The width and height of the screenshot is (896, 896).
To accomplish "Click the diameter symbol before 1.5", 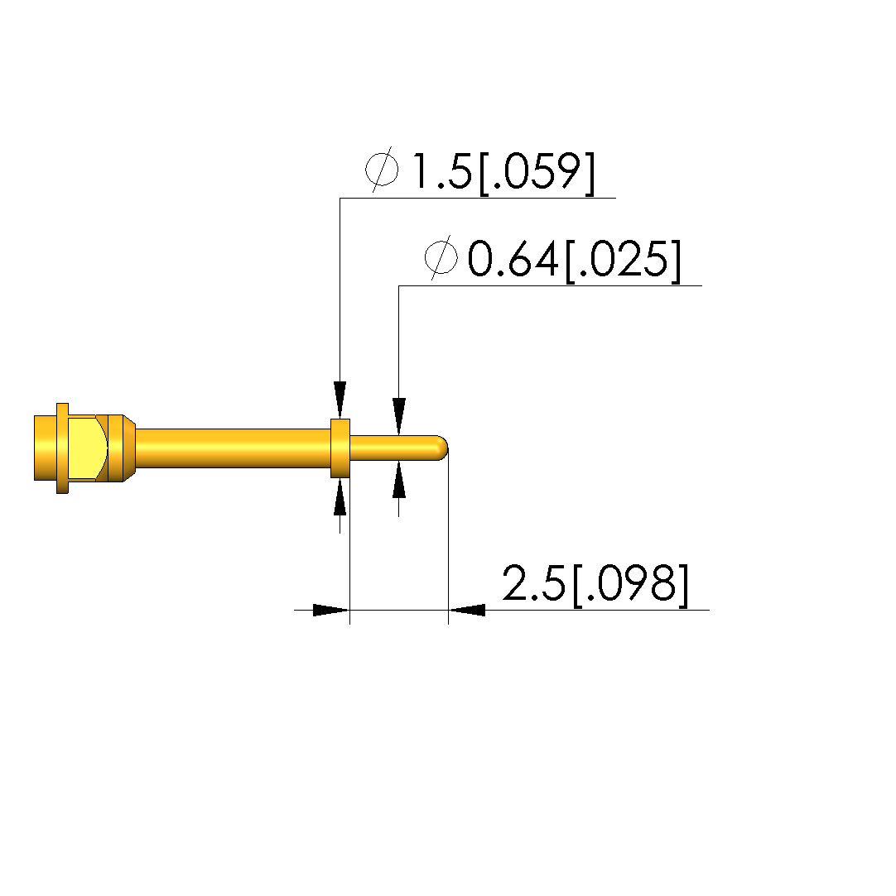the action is click(382, 169).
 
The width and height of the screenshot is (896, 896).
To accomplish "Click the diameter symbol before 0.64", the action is click(441, 257).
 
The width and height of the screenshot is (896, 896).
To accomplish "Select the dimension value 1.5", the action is click(441, 171).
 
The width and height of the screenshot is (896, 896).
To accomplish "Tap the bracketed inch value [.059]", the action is click(537, 173).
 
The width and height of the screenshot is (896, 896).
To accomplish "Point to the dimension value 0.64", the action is click(513, 259).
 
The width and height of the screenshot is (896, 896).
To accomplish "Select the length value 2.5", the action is click(534, 583).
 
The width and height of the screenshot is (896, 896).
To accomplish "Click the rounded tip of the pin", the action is click(443, 448).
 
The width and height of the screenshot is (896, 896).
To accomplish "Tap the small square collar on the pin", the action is click(340, 448).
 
